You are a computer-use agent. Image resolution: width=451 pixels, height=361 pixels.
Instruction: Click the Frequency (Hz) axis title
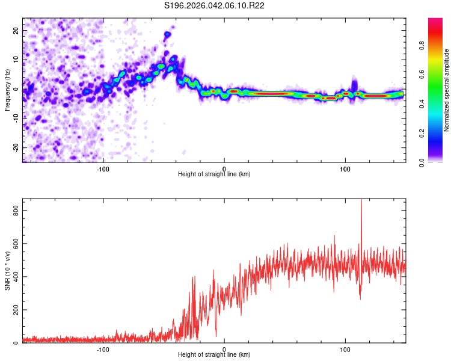[7, 90]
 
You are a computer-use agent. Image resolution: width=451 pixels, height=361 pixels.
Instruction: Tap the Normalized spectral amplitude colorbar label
[446, 90]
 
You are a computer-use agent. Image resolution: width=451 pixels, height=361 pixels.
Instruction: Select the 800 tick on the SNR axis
[14, 210]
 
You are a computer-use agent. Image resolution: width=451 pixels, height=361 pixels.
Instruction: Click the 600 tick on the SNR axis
[14, 243]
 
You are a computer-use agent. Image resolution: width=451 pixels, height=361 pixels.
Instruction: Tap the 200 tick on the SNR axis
[14, 310]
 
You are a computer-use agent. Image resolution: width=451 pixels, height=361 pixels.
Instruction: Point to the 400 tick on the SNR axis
[14, 277]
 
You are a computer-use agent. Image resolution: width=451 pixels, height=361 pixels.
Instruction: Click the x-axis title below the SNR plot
[214, 355]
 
